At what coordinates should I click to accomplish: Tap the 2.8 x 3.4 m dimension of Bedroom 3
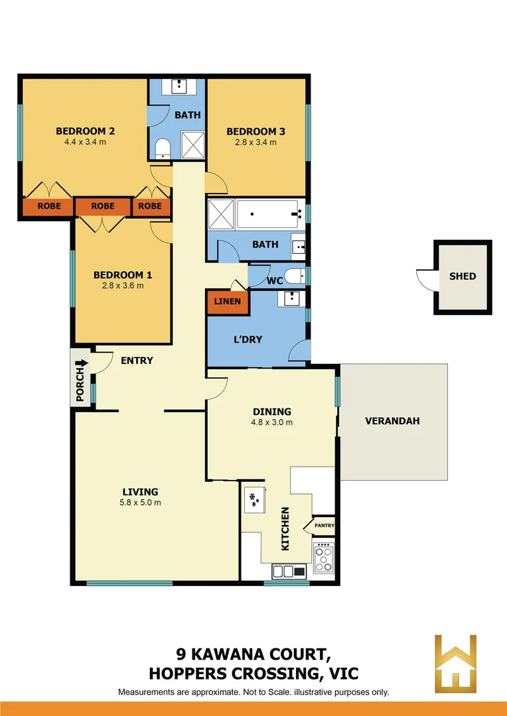click(x=255, y=142)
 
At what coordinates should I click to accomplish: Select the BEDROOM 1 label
click(x=118, y=274)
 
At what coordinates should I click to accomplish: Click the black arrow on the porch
click(x=82, y=363)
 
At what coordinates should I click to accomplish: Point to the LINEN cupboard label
click(x=228, y=302)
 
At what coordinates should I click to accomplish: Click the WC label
click(x=275, y=280)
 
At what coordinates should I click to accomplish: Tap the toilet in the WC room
click(x=293, y=275)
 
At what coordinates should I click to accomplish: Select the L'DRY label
click(x=248, y=339)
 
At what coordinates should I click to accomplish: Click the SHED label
click(x=463, y=276)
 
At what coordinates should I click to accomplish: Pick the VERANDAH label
click(x=393, y=421)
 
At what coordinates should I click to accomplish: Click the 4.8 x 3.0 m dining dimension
click(x=272, y=422)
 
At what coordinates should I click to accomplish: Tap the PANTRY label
click(x=325, y=526)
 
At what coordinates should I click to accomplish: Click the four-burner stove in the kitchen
click(x=323, y=558)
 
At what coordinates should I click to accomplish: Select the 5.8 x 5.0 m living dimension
click(x=140, y=502)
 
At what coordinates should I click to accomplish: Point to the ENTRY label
click(x=137, y=361)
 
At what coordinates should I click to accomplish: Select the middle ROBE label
click(x=103, y=206)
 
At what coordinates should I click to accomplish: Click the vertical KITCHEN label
click(x=285, y=528)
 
